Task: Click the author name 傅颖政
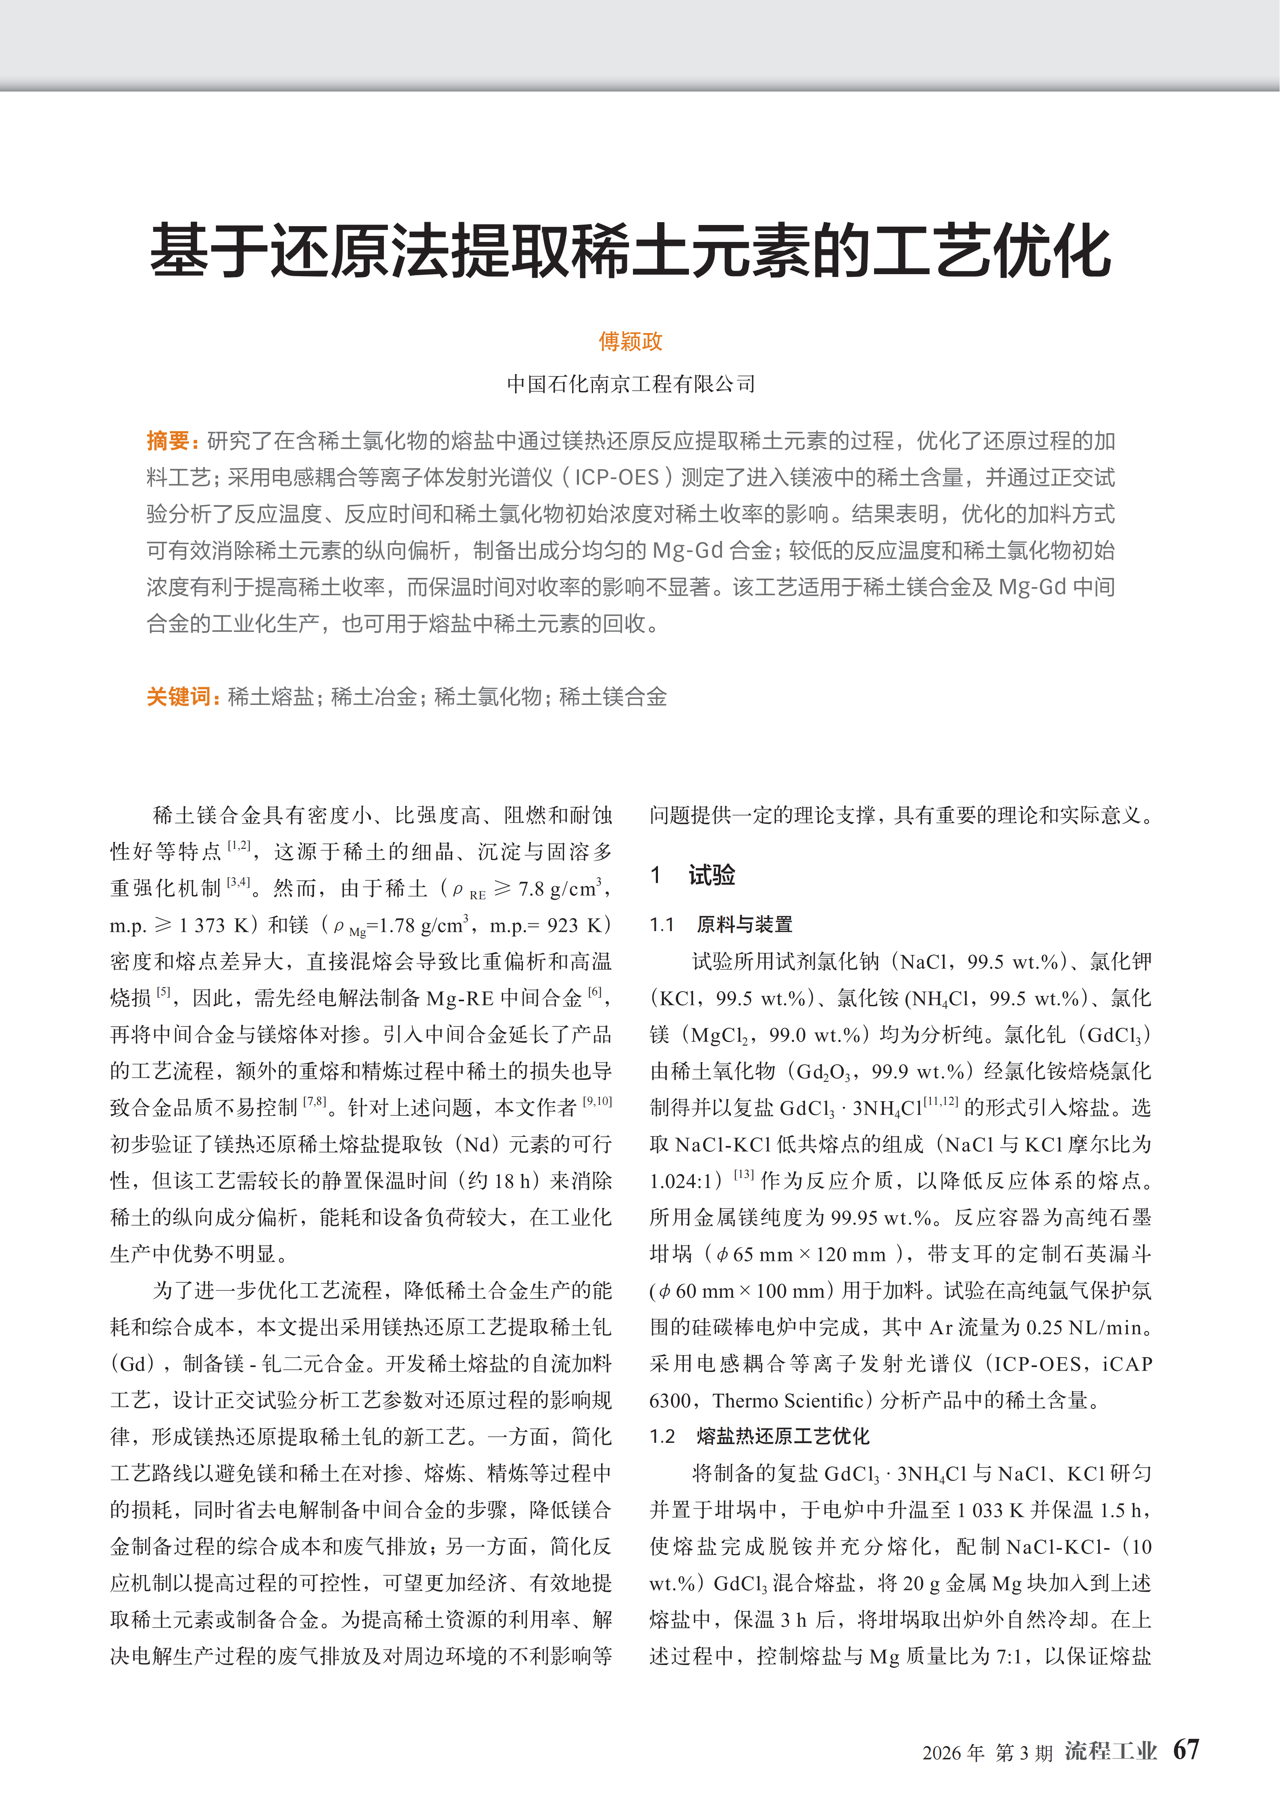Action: [x=630, y=342]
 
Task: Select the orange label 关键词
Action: [x=180, y=696]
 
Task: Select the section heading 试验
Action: [x=712, y=875]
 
